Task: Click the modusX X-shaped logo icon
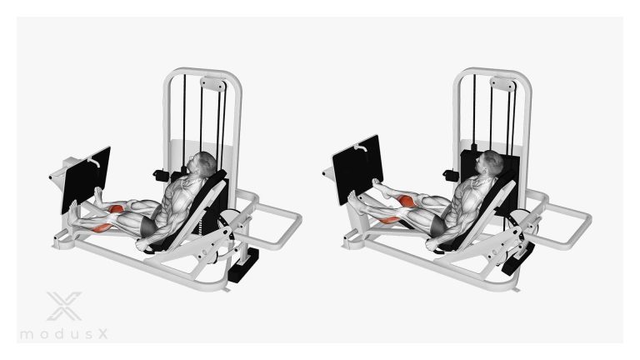pyautogui.click(x=64, y=306)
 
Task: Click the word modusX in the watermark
pyautogui.click(x=64, y=334)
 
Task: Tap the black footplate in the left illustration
pyautogui.click(x=86, y=180)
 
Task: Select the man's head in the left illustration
pyautogui.click(x=202, y=164)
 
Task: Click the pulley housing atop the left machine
pyautogui.click(x=213, y=84)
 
